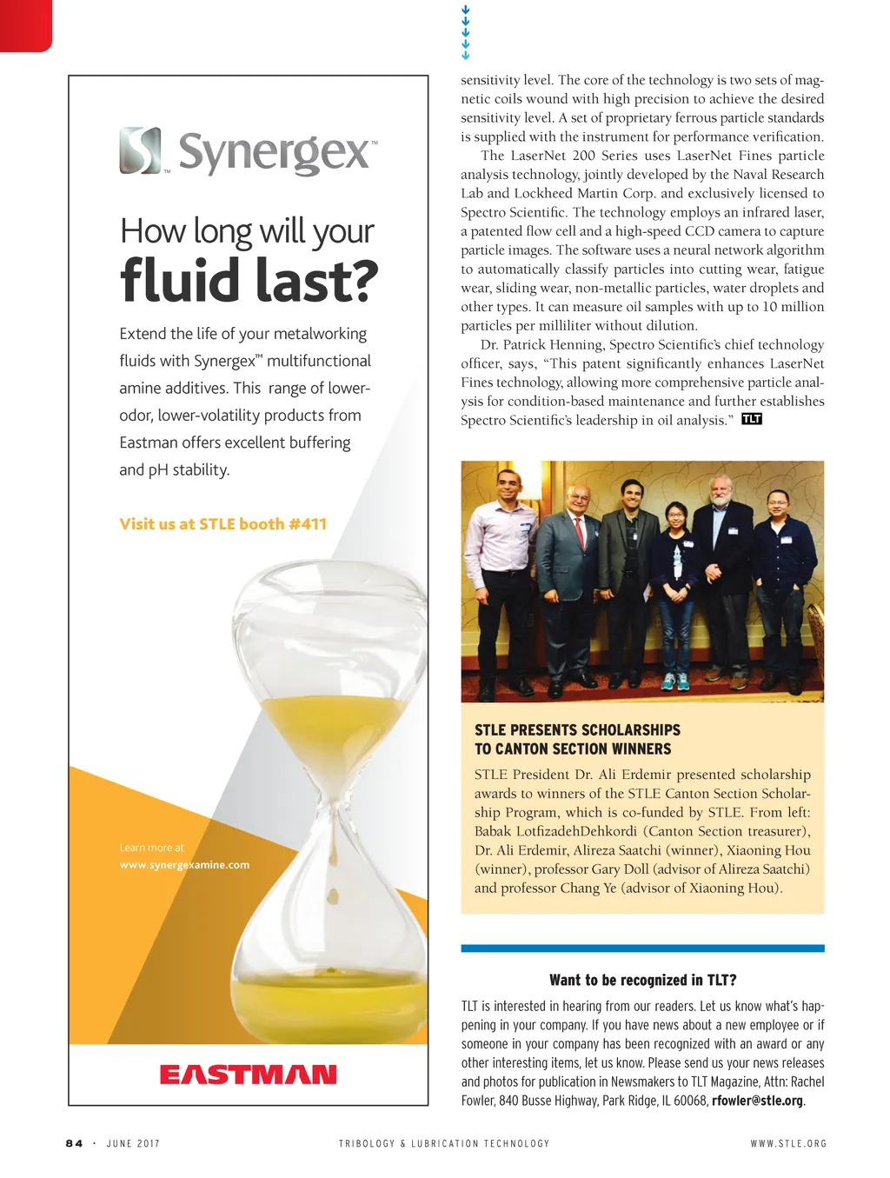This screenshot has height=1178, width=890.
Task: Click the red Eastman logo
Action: (248, 1075)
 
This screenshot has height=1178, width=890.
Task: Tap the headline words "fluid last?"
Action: (249, 281)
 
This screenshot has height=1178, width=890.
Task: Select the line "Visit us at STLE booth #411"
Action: (223, 523)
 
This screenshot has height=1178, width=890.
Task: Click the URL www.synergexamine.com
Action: (184, 865)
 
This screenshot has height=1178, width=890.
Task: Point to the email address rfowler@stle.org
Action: (757, 1101)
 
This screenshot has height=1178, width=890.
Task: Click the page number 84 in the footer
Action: (74, 1143)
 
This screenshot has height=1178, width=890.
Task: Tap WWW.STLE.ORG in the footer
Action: (788, 1143)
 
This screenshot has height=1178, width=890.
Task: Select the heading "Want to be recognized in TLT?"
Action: (642, 980)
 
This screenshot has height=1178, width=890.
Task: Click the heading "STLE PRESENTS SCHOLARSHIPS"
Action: (577, 730)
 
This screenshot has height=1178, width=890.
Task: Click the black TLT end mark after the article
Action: (752, 419)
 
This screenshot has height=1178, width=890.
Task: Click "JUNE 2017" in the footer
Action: (133, 1143)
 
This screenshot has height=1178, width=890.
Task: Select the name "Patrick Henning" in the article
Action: (554, 344)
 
